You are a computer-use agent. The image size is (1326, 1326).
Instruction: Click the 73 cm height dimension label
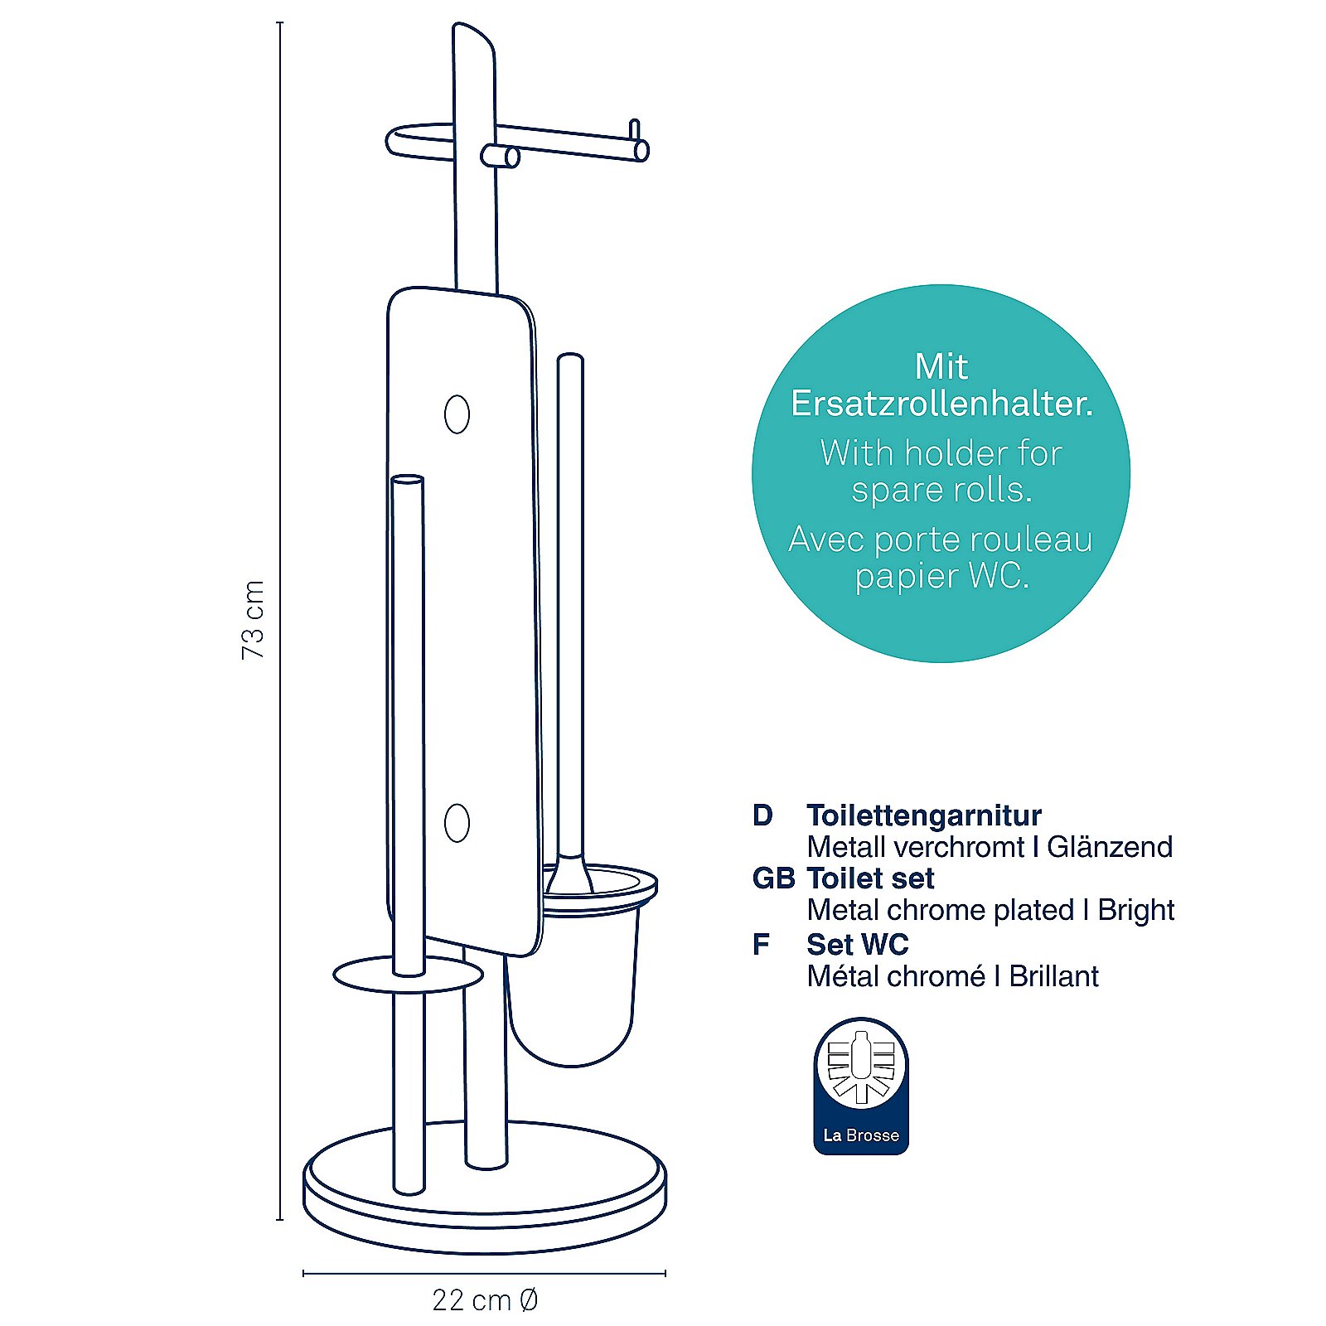click(x=253, y=620)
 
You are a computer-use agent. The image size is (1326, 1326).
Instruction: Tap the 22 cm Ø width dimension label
click(x=485, y=1299)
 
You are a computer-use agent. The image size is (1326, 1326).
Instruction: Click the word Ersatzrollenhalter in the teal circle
click(x=941, y=404)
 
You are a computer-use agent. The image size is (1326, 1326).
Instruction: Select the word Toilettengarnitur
click(x=924, y=815)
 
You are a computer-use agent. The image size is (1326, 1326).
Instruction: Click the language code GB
click(x=773, y=878)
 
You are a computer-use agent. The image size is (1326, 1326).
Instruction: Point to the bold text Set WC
click(x=858, y=944)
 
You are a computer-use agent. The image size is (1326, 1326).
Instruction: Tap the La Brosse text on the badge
click(x=861, y=1135)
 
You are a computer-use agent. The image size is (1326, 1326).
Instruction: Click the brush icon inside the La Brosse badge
click(x=861, y=1067)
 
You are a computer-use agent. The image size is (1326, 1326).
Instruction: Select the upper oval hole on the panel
click(x=457, y=414)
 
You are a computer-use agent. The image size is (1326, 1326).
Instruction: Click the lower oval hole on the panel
click(x=457, y=823)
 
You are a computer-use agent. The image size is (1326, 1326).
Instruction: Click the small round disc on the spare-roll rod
click(x=408, y=975)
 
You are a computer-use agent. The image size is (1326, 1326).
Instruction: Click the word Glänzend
click(x=1110, y=847)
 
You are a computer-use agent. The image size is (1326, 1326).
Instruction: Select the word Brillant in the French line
click(x=1053, y=976)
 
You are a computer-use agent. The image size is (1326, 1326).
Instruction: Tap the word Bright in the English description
click(x=1135, y=911)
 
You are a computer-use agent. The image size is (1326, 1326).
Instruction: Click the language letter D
click(x=762, y=815)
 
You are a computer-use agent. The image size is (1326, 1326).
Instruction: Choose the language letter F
click(x=761, y=944)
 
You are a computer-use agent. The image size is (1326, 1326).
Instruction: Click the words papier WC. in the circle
click(x=942, y=576)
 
